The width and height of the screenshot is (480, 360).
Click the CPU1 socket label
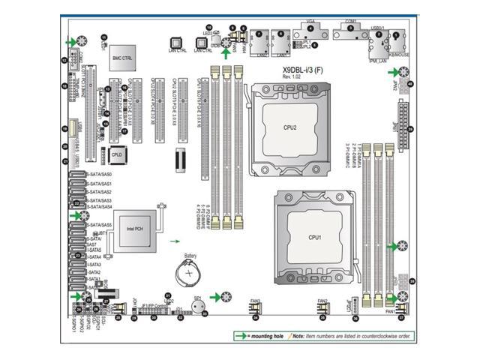(x=315, y=237)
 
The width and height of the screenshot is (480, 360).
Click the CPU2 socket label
(x=289, y=127)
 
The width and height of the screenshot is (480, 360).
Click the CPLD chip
(x=116, y=154)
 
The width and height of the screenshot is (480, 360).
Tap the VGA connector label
(x=310, y=23)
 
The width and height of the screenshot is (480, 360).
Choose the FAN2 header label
(x=322, y=301)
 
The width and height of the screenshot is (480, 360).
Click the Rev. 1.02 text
(x=291, y=78)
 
